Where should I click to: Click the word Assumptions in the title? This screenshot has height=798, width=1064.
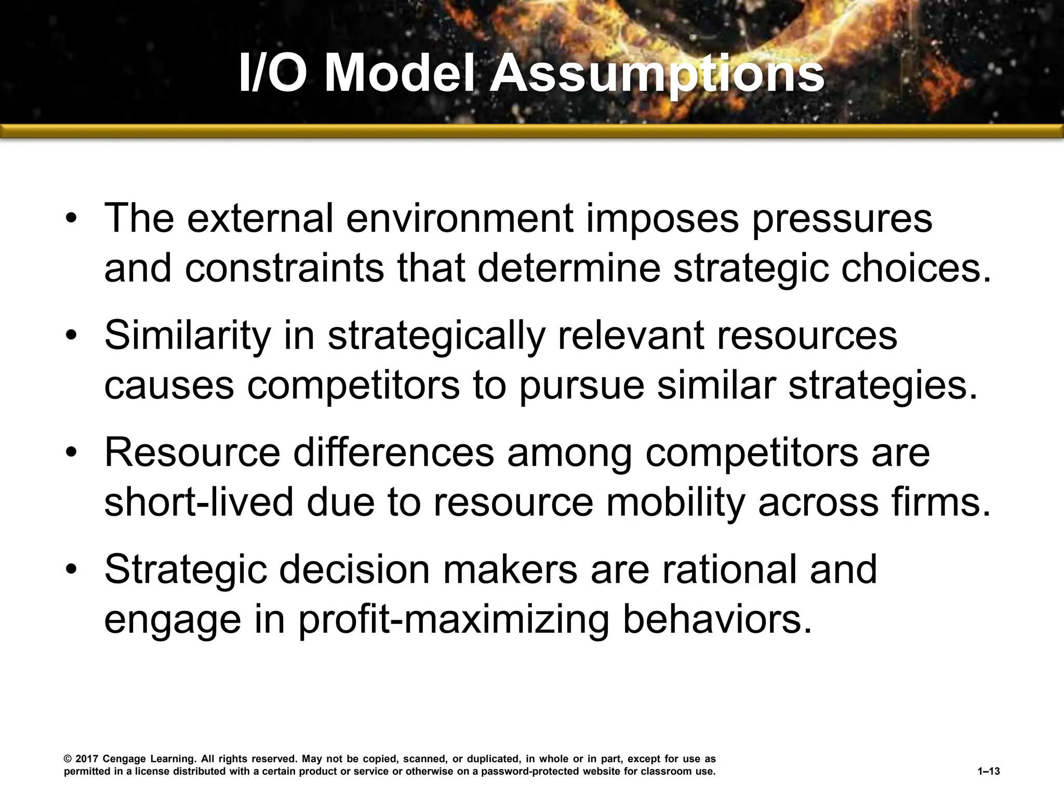pyautogui.click(x=658, y=75)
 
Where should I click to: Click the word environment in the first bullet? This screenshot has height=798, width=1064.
pyautogui.click(x=459, y=218)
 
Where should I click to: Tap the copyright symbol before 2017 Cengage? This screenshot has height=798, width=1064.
pyautogui.click(x=68, y=760)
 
